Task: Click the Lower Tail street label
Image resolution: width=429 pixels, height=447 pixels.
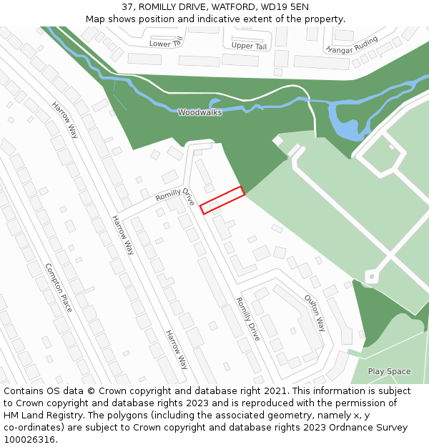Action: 167,44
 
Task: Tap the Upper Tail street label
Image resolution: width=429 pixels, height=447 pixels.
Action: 249,46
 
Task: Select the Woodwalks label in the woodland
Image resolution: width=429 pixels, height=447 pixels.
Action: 199,112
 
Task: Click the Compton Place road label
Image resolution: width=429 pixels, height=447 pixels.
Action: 59,288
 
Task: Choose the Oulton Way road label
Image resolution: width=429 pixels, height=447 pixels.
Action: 315,313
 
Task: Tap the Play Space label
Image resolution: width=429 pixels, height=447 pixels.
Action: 389,371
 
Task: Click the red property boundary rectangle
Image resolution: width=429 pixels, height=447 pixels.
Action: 222,200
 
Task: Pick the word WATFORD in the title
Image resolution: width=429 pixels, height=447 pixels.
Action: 233,7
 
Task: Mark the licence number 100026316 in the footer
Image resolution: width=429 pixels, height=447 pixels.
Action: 29,440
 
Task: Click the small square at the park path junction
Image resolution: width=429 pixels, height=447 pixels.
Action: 370,276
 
